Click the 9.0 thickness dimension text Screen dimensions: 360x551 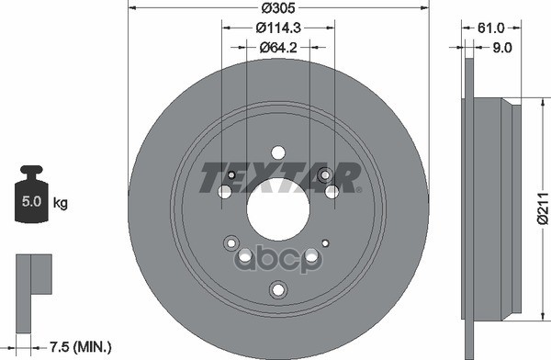pyautogui.click(x=504, y=49)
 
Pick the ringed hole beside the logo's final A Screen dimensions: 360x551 pyautogui.click(x=323, y=174)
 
